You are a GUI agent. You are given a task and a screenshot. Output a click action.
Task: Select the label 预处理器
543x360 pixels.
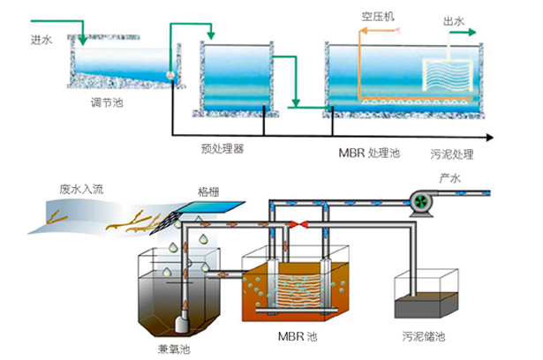click(222, 147)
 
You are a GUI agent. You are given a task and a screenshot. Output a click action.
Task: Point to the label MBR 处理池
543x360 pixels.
click(370, 153)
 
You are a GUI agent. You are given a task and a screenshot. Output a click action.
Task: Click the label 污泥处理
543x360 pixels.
click(452, 154)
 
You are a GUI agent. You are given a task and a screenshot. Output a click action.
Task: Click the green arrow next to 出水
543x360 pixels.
click(460, 32)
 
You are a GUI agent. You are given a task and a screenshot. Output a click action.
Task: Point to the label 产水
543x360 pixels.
click(450, 179)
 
